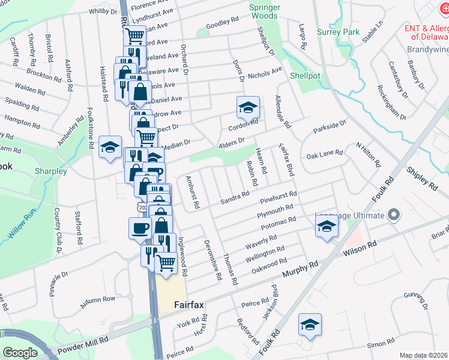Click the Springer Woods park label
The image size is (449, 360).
[x=265, y=11]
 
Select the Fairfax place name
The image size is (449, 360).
[x=189, y=305]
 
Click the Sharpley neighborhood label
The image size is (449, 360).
[x=50, y=171]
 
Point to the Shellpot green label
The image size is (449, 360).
[x=306, y=76]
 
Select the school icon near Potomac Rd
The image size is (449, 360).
[x=327, y=227]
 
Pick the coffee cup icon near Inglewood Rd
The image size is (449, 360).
[x=140, y=229]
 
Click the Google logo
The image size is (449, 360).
[x=20, y=352]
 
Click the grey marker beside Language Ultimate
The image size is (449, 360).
[x=394, y=214]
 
